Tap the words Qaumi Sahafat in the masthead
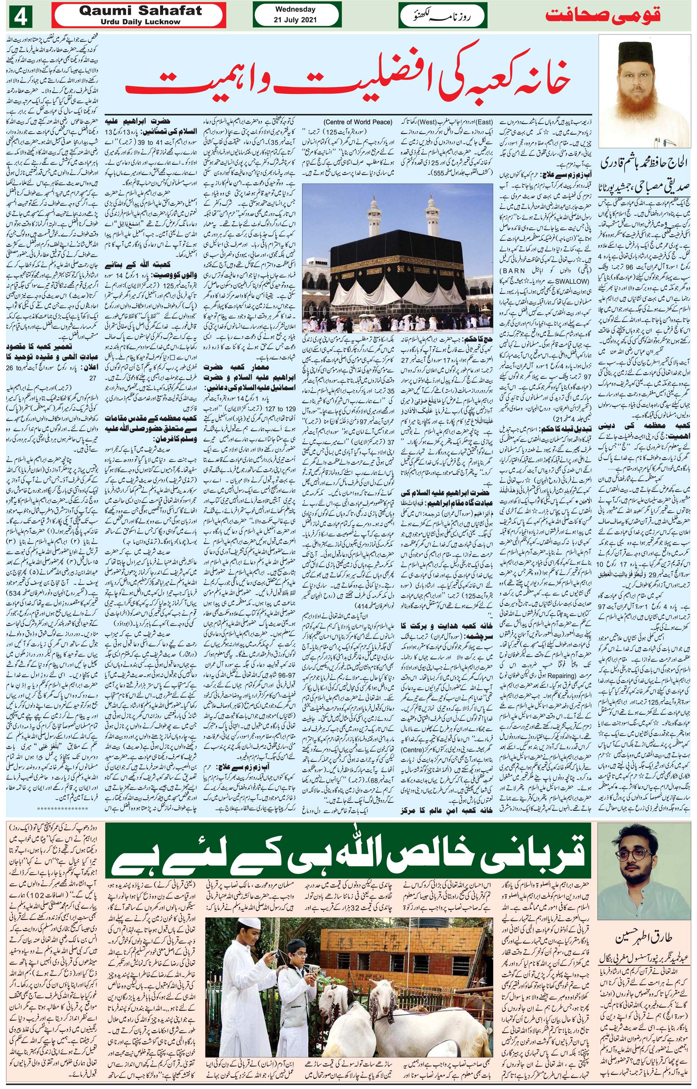point(140,11)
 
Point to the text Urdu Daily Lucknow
point(140,22)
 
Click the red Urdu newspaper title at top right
point(603,16)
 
